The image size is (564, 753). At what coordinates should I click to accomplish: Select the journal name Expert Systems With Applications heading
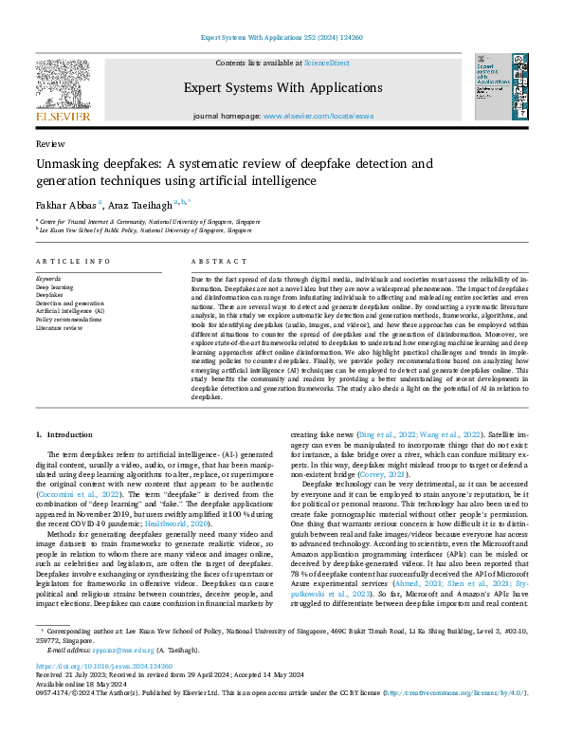(x=281, y=87)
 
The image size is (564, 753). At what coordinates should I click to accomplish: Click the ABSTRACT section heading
(x=212, y=261)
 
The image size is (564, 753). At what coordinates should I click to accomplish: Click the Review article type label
(x=49, y=144)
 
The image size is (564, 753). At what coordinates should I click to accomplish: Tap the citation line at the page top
(x=282, y=38)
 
